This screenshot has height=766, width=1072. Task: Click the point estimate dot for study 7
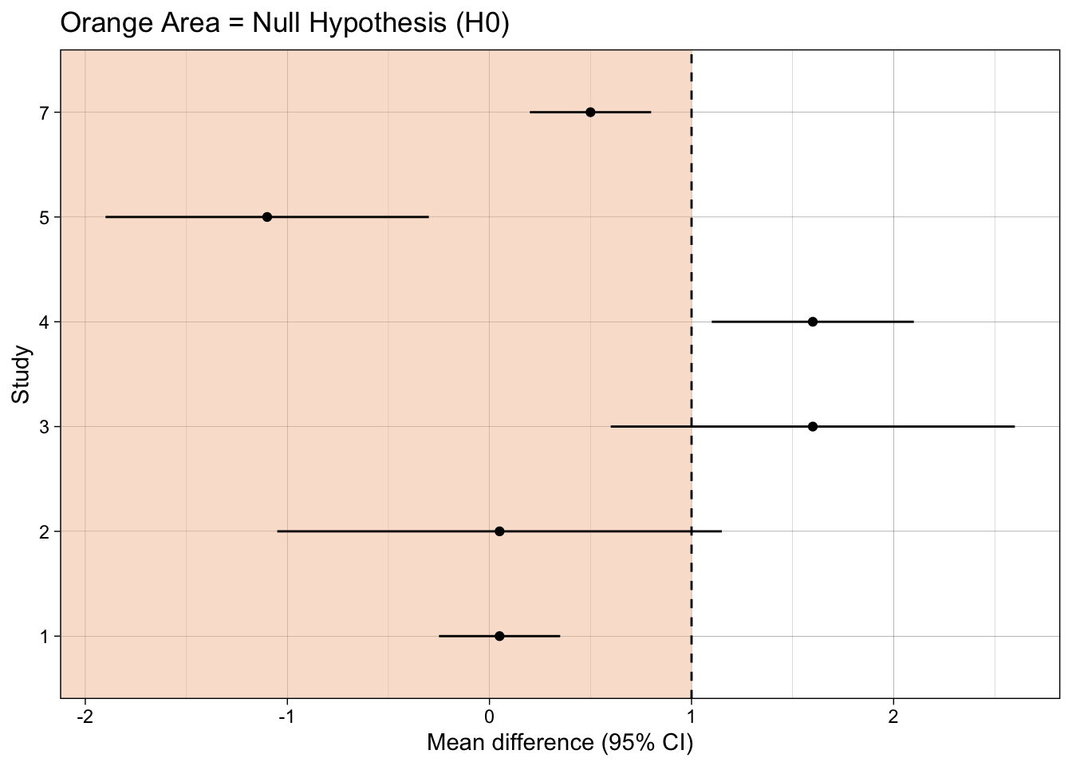[590, 112]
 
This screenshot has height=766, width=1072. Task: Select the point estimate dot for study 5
[267, 217]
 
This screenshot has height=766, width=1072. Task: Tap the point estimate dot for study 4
[813, 322]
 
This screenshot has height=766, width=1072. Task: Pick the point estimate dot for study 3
[813, 426]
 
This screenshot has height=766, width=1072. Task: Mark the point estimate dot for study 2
[499, 531]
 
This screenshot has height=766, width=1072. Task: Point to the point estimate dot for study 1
[499, 636]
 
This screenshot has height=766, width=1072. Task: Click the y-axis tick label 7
[45, 113]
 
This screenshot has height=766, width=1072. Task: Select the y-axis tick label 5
[45, 218]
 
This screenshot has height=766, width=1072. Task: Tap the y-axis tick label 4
[45, 322]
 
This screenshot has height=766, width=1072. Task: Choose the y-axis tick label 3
[45, 427]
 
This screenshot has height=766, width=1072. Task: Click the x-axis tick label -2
[85, 717]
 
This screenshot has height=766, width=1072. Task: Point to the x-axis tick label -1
[287, 717]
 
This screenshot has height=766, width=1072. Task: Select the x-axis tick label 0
[489, 717]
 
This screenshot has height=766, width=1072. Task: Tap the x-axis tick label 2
[893, 717]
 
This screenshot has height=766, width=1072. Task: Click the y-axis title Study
[21, 374]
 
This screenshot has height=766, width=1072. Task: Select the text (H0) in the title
[483, 23]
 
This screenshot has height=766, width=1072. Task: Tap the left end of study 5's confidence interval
[106, 217]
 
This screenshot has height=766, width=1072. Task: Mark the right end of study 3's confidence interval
[1015, 426]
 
